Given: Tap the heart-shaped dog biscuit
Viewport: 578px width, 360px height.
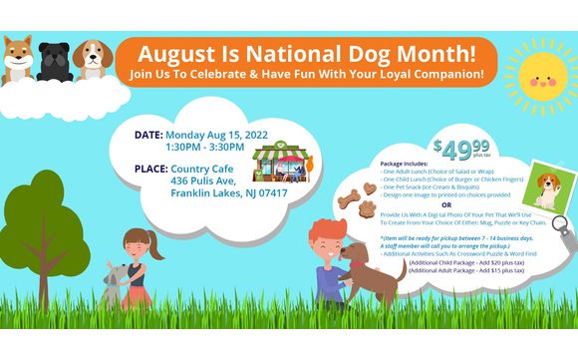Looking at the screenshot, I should point(368,186).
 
